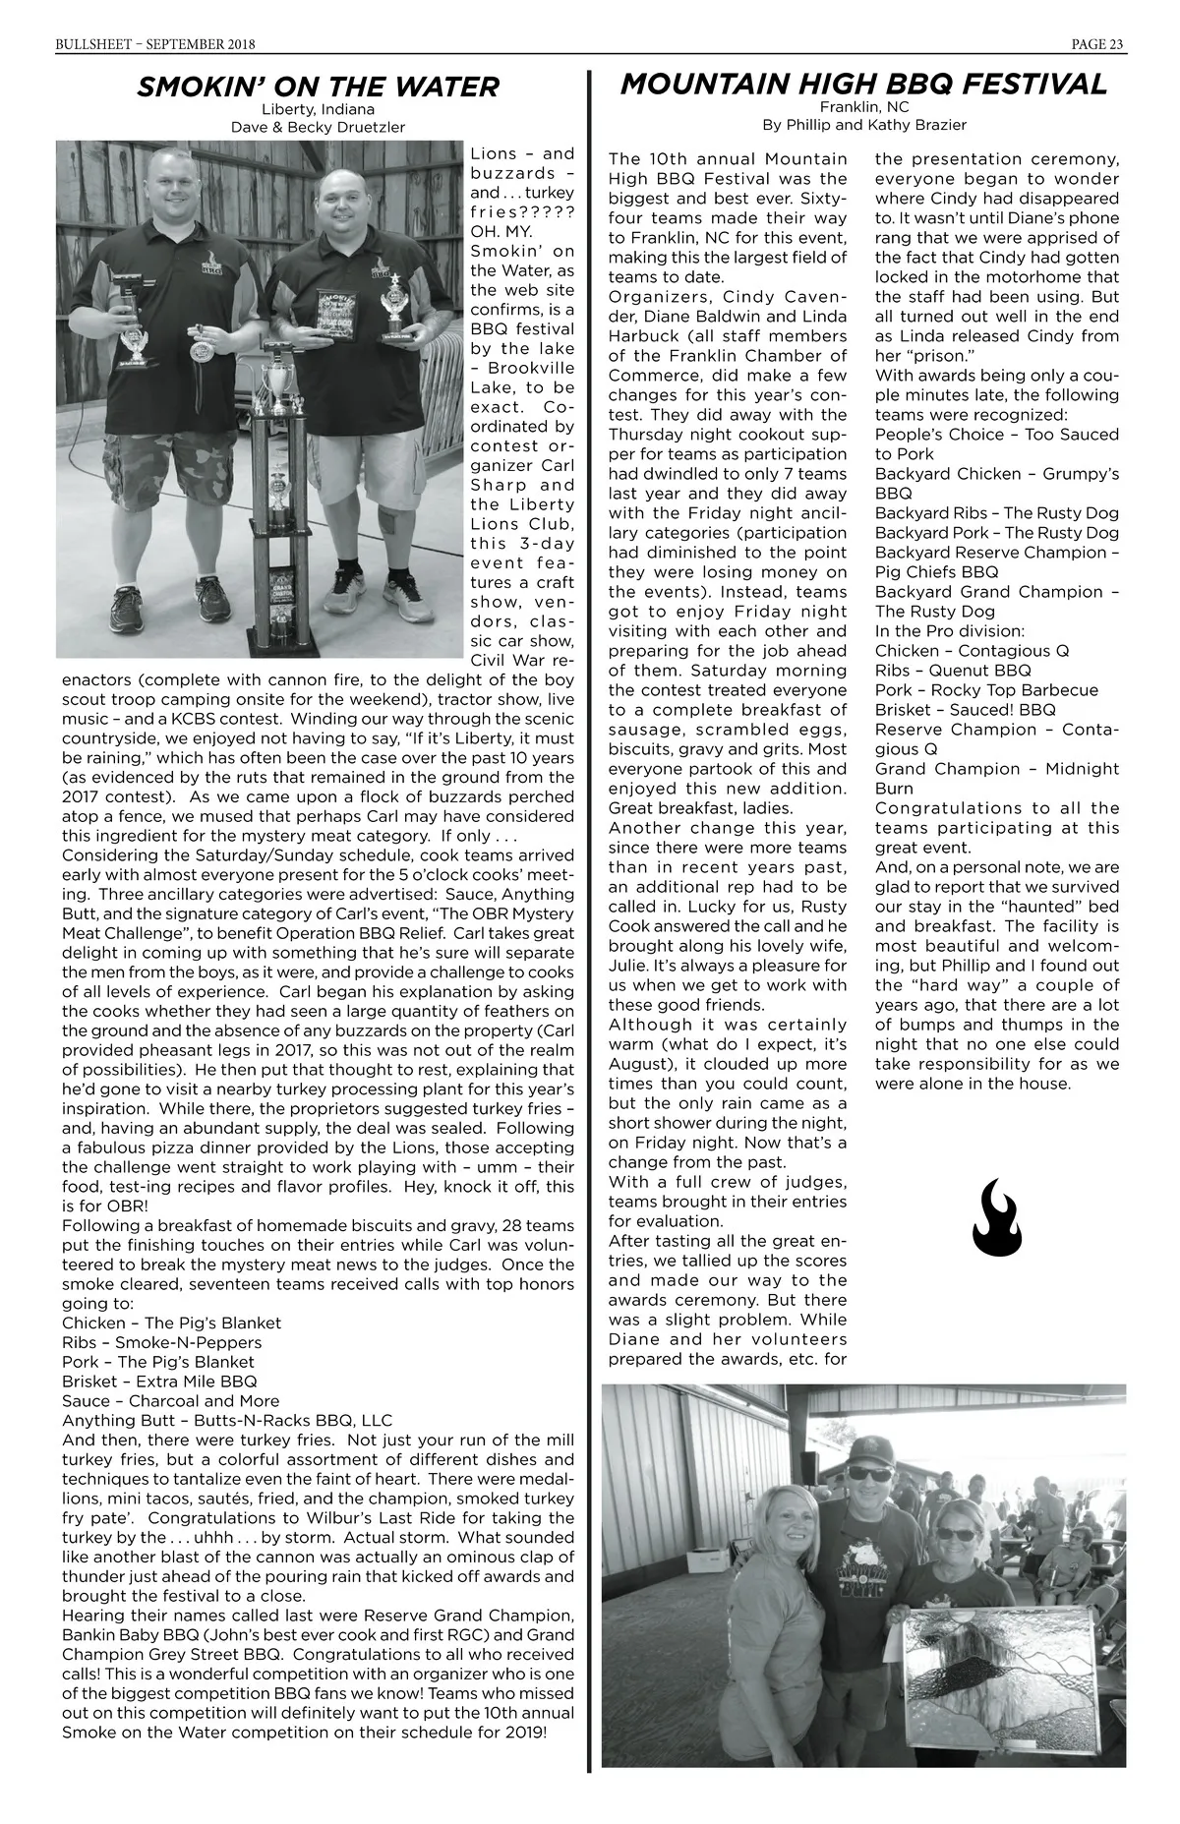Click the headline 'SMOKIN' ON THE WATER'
[x=318, y=87]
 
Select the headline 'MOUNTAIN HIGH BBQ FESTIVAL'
[x=863, y=84]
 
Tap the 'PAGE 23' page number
[x=1097, y=43]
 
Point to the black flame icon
[x=997, y=1218]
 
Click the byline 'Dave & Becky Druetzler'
[x=318, y=127]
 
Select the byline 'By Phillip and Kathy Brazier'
[x=863, y=125]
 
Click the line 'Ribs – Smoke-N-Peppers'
[x=162, y=1342]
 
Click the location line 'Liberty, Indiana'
[x=318, y=109]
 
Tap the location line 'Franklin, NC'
[x=863, y=107]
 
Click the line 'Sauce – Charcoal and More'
[x=170, y=1401]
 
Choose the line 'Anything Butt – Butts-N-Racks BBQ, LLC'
[x=227, y=1421]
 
